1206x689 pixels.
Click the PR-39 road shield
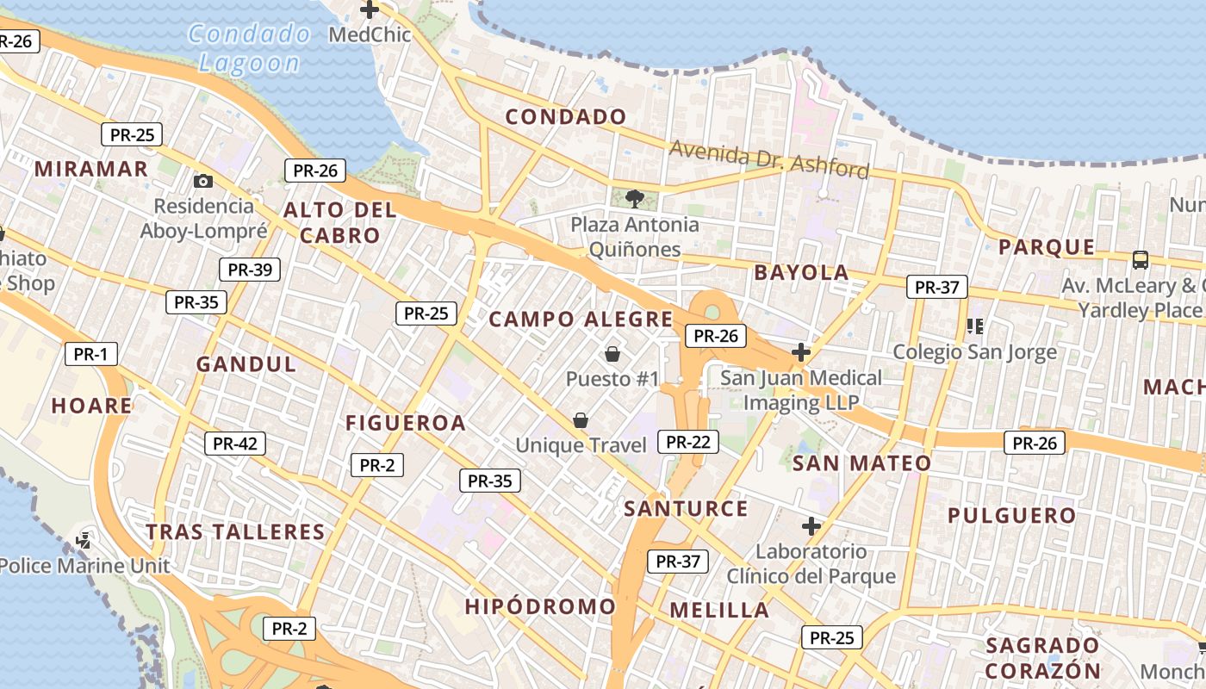[250, 270]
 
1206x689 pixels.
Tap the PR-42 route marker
[235, 444]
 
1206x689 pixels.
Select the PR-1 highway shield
[90, 354]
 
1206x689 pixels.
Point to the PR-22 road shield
[687, 442]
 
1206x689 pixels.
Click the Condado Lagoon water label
[250, 48]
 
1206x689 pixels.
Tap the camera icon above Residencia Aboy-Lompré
[203, 181]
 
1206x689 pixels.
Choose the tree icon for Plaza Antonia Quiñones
[635, 199]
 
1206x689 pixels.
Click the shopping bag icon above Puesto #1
[612, 354]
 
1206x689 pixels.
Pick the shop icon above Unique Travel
[581, 420]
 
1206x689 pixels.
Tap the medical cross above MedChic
[370, 10]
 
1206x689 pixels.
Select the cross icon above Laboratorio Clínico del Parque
[811, 525]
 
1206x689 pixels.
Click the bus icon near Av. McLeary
[1141, 258]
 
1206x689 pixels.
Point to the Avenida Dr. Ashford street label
[769, 159]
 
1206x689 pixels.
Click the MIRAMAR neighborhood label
[91, 169]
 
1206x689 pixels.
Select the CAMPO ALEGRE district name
[581, 320]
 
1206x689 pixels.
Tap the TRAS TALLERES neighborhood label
[235, 531]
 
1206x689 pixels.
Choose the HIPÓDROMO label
[540, 606]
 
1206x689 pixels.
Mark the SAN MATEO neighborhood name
[861, 463]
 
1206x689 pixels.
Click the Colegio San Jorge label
[974, 351]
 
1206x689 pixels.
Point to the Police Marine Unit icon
[84, 541]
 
